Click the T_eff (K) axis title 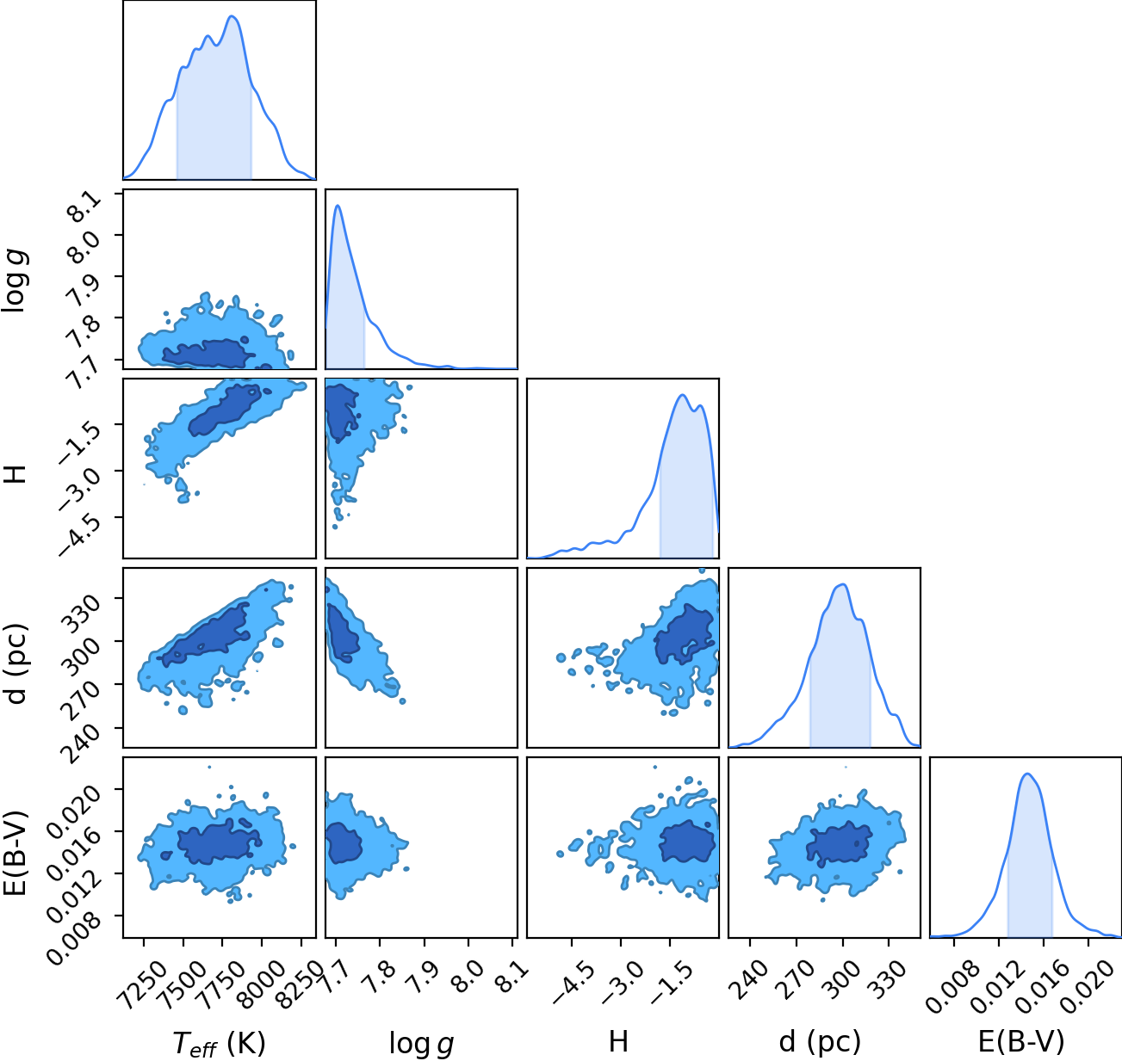(x=220, y=1042)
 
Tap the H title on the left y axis (x=15, y=474)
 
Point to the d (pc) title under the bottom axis (x=820, y=1041)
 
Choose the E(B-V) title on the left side (x=15, y=852)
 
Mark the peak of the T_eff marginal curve (x=232, y=16)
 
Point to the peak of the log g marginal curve (x=338, y=206)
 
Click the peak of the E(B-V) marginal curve (x=1027, y=774)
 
